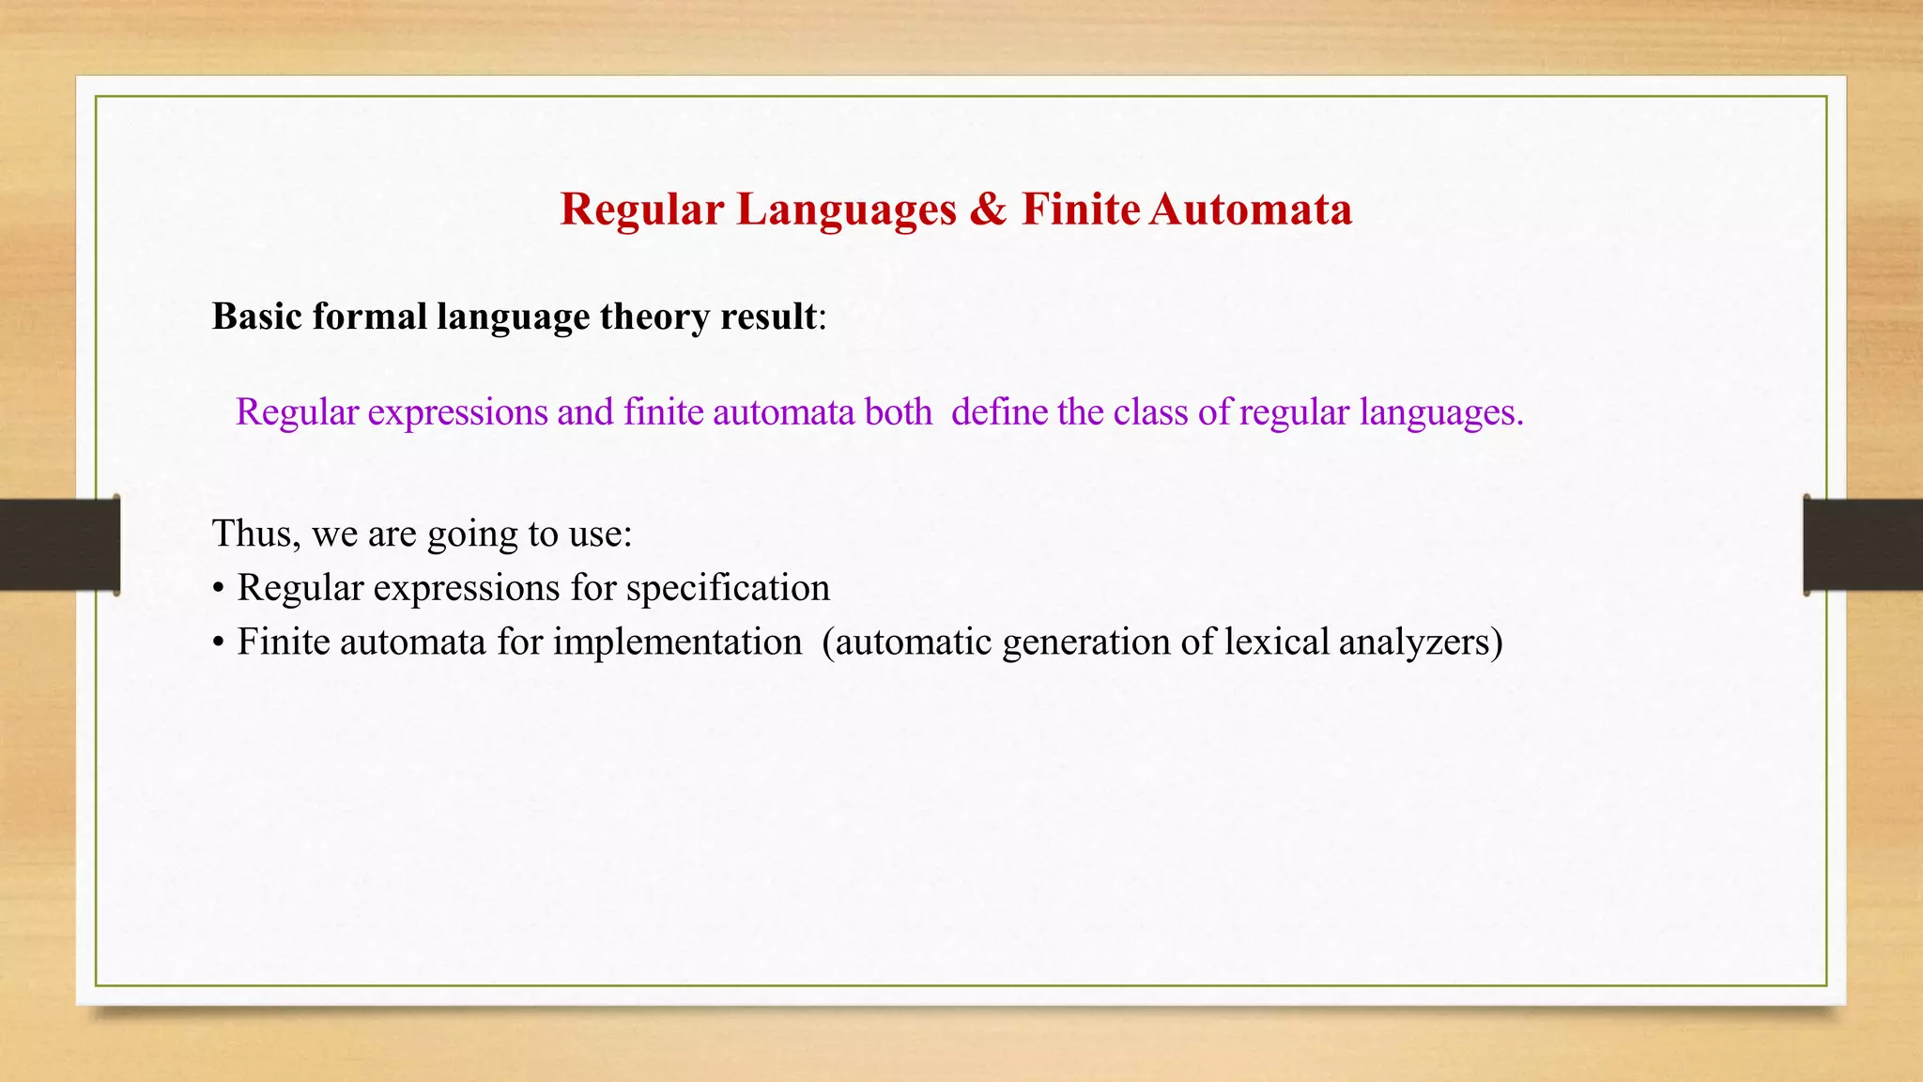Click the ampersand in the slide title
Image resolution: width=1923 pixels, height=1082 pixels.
coord(987,209)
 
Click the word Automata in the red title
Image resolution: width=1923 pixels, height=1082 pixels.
coord(1251,209)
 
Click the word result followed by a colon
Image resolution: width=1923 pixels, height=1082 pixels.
coord(768,317)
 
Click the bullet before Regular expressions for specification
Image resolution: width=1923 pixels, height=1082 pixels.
coord(218,590)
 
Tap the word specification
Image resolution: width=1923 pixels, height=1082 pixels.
coord(728,589)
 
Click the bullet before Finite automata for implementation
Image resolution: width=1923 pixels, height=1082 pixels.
coord(218,644)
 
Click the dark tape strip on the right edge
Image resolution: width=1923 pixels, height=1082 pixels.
coord(1863,545)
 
